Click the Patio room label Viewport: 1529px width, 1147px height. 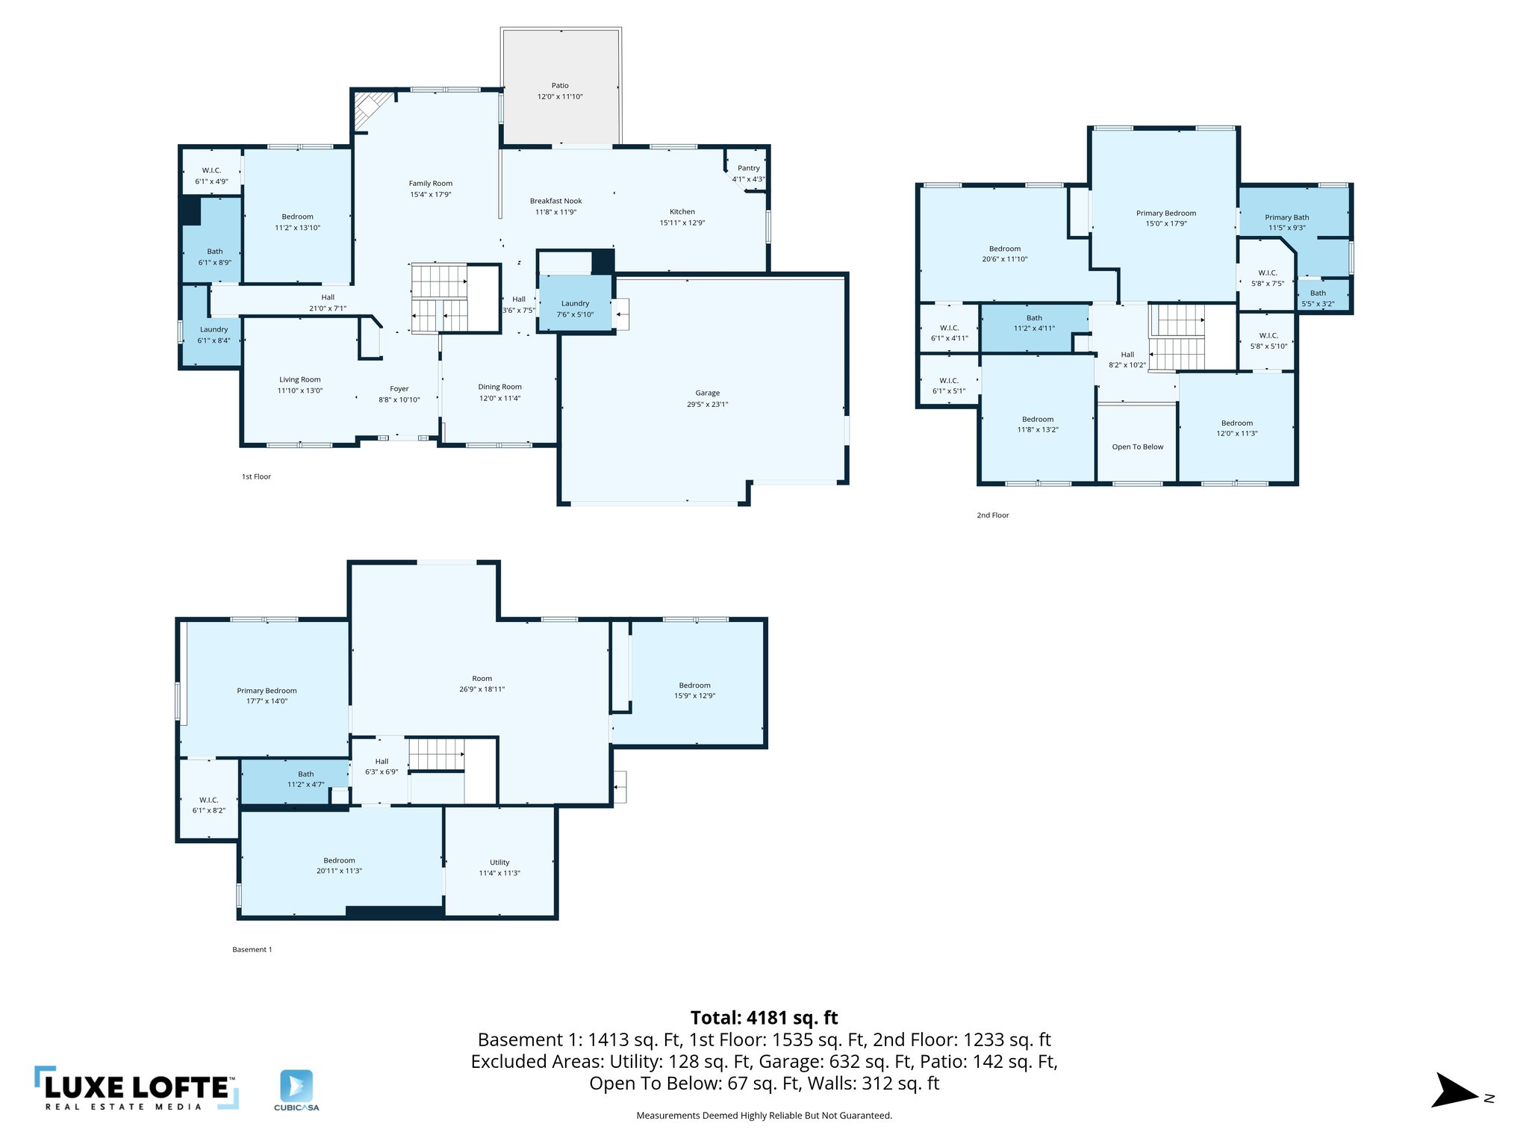click(560, 86)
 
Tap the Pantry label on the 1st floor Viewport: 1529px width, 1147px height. click(748, 168)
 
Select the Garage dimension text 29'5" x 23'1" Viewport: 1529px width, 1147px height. click(707, 404)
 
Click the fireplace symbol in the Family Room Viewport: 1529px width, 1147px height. click(370, 109)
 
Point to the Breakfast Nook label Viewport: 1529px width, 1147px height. click(555, 201)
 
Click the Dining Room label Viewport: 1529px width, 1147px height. click(499, 387)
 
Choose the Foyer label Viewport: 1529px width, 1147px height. click(399, 388)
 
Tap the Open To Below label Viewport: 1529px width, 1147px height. click(1137, 447)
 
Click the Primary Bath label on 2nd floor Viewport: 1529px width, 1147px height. click(1286, 217)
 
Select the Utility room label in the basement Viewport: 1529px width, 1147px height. click(499, 862)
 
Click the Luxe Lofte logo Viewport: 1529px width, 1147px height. click(136, 1089)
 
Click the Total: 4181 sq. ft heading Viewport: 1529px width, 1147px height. click(764, 1018)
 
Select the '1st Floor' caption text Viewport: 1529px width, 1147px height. click(256, 476)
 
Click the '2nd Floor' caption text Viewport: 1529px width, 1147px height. click(992, 515)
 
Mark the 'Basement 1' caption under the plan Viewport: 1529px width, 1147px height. click(252, 950)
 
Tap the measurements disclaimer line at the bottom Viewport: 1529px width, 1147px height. click(764, 1116)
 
